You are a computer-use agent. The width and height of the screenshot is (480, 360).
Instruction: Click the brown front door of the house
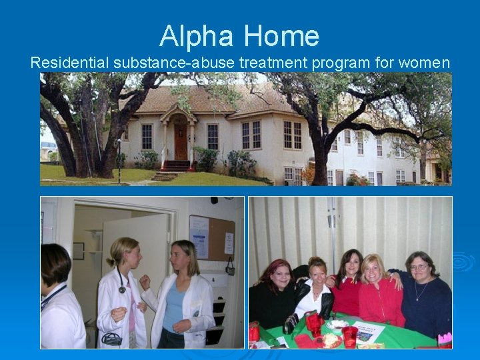(181, 142)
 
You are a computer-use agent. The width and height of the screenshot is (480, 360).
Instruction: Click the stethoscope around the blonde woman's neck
(122, 283)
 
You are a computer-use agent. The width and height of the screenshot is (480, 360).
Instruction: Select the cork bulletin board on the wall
(212, 237)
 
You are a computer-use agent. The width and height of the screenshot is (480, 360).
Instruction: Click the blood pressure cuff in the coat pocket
(111, 338)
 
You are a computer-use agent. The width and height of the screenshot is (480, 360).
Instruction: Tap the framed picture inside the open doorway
(79, 251)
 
